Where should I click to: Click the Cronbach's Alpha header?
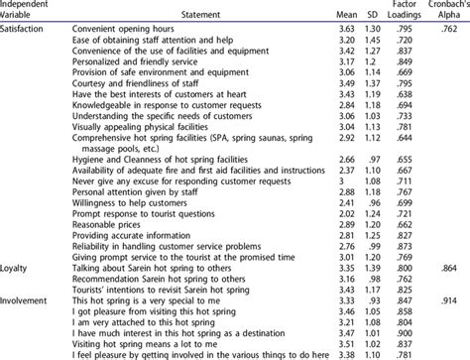tap(445, 10)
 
